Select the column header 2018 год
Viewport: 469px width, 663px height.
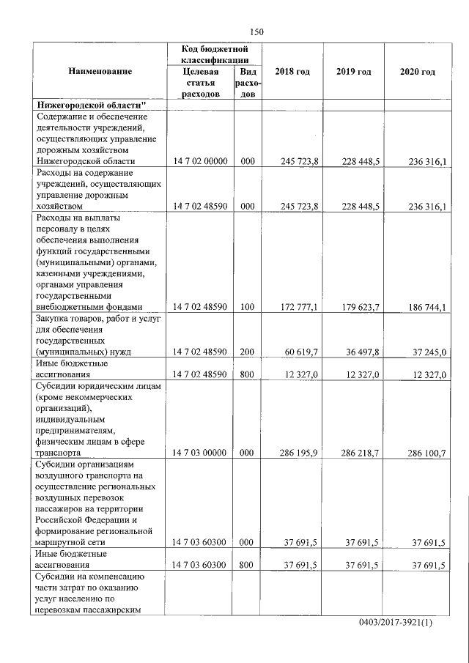292,72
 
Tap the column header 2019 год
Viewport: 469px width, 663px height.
354,72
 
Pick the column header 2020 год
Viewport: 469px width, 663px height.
418,72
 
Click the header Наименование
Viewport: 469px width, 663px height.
100,72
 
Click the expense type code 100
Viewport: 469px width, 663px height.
246,308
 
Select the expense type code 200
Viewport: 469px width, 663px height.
246,352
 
